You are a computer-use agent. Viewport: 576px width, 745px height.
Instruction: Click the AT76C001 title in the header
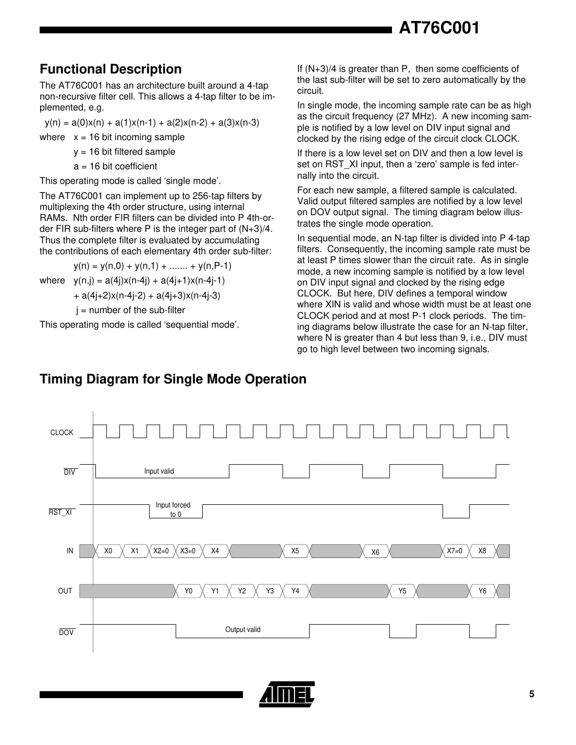(438, 28)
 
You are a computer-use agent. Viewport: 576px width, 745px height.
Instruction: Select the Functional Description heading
(111, 69)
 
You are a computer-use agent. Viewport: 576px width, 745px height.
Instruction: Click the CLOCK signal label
(62, 432)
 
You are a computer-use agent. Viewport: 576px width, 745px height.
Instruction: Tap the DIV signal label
(69, 473)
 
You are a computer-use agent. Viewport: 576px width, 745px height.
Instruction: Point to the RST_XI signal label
(60, 512)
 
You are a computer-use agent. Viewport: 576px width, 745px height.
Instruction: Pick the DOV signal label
(66, 632)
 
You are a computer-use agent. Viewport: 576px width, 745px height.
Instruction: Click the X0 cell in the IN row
(108, 551)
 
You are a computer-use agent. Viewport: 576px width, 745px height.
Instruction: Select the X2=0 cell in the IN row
(161, 551)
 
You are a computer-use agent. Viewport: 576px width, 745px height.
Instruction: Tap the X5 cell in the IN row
(295, 551)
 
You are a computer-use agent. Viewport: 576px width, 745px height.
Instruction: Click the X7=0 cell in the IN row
(455, 551)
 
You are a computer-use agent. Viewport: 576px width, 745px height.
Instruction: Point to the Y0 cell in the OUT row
(189, 591)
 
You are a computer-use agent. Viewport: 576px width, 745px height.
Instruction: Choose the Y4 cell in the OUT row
(295, 591)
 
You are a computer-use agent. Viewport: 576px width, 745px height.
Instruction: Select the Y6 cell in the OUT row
(482, 591)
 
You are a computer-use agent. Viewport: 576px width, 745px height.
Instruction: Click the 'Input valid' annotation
(159, 471)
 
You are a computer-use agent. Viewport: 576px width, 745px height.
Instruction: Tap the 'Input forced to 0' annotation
(174, 510)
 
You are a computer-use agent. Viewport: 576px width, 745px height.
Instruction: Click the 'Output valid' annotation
(243, 629)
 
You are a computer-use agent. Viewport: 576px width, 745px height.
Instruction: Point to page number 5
(532, 694)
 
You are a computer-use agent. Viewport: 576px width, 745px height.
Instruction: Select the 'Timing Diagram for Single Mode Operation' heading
(173, 379)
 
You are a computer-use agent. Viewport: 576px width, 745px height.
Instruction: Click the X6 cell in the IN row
(375, 552)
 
